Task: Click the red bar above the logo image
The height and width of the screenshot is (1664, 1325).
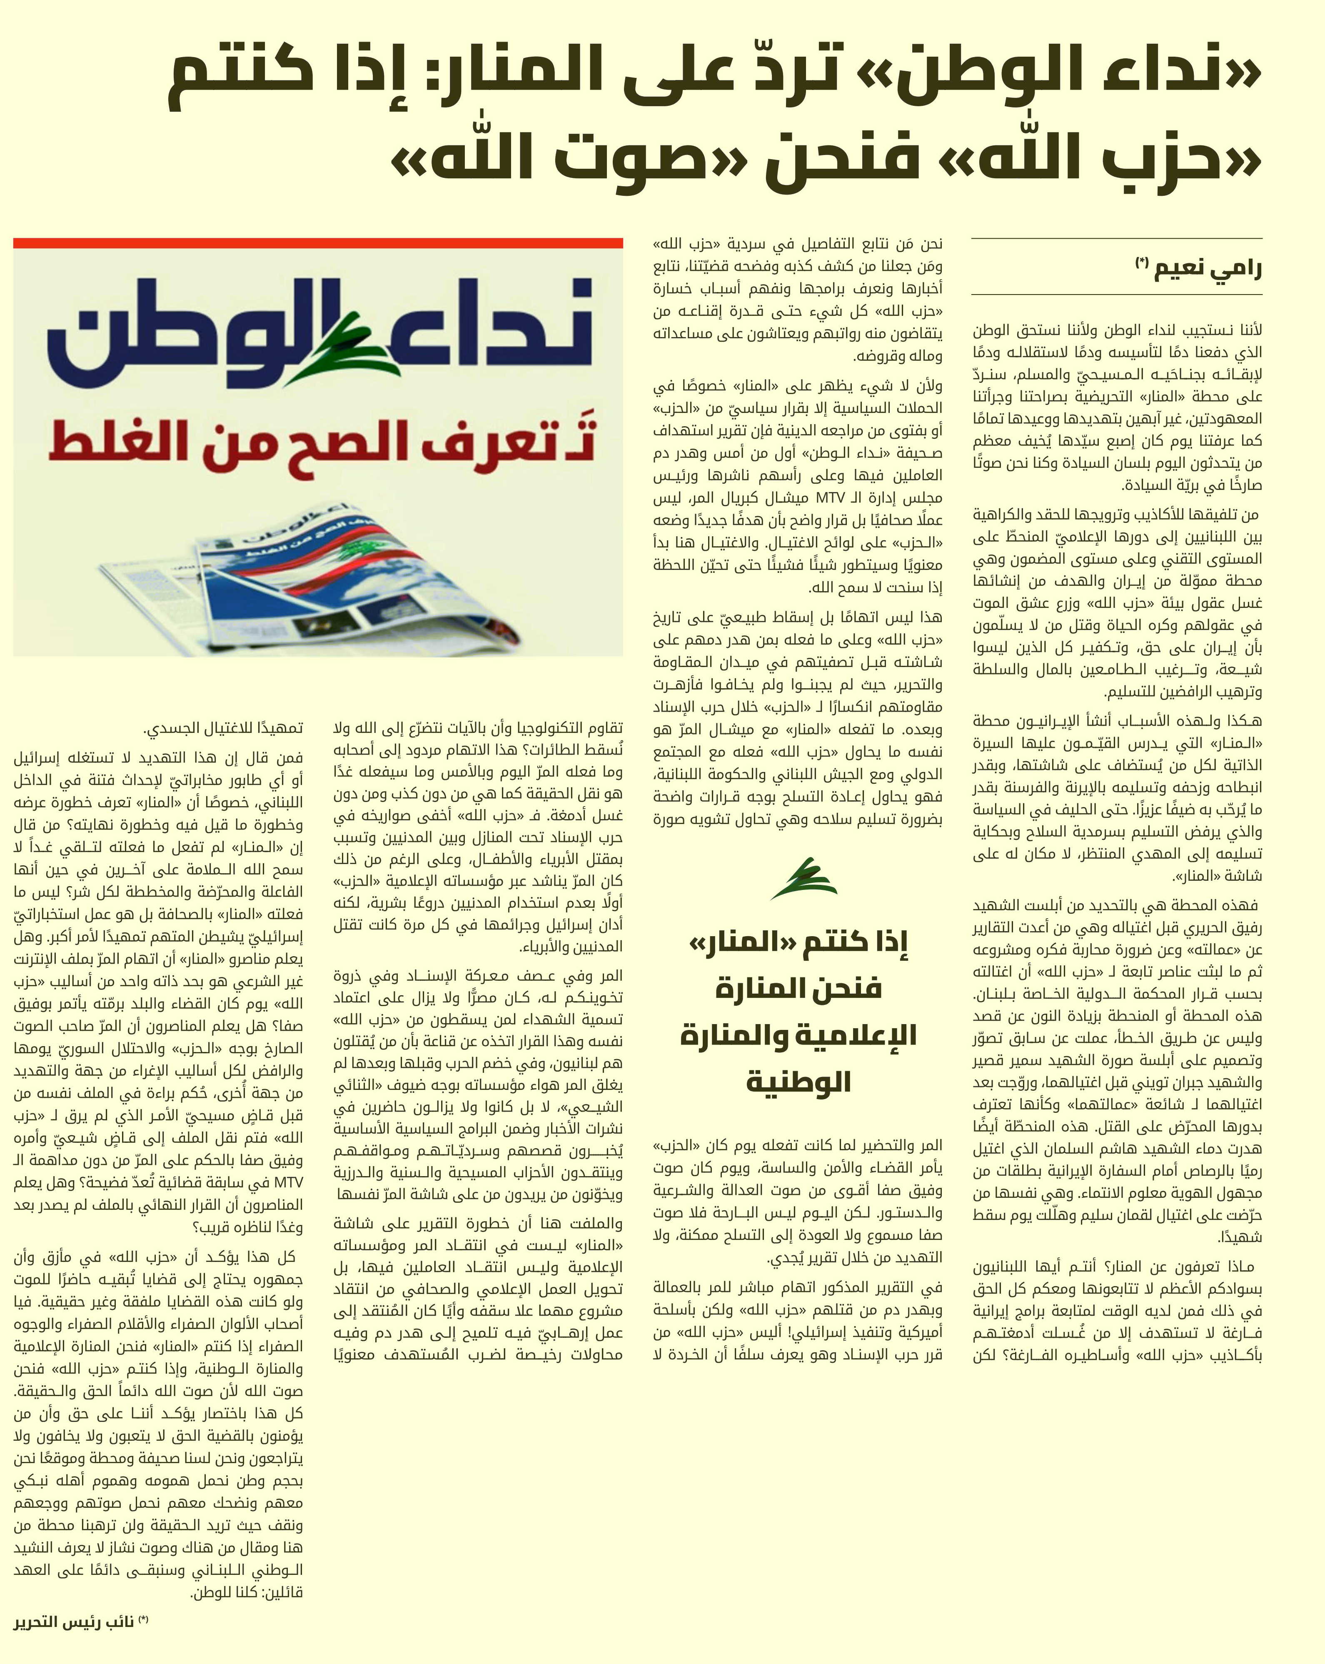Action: coord(318,243)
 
